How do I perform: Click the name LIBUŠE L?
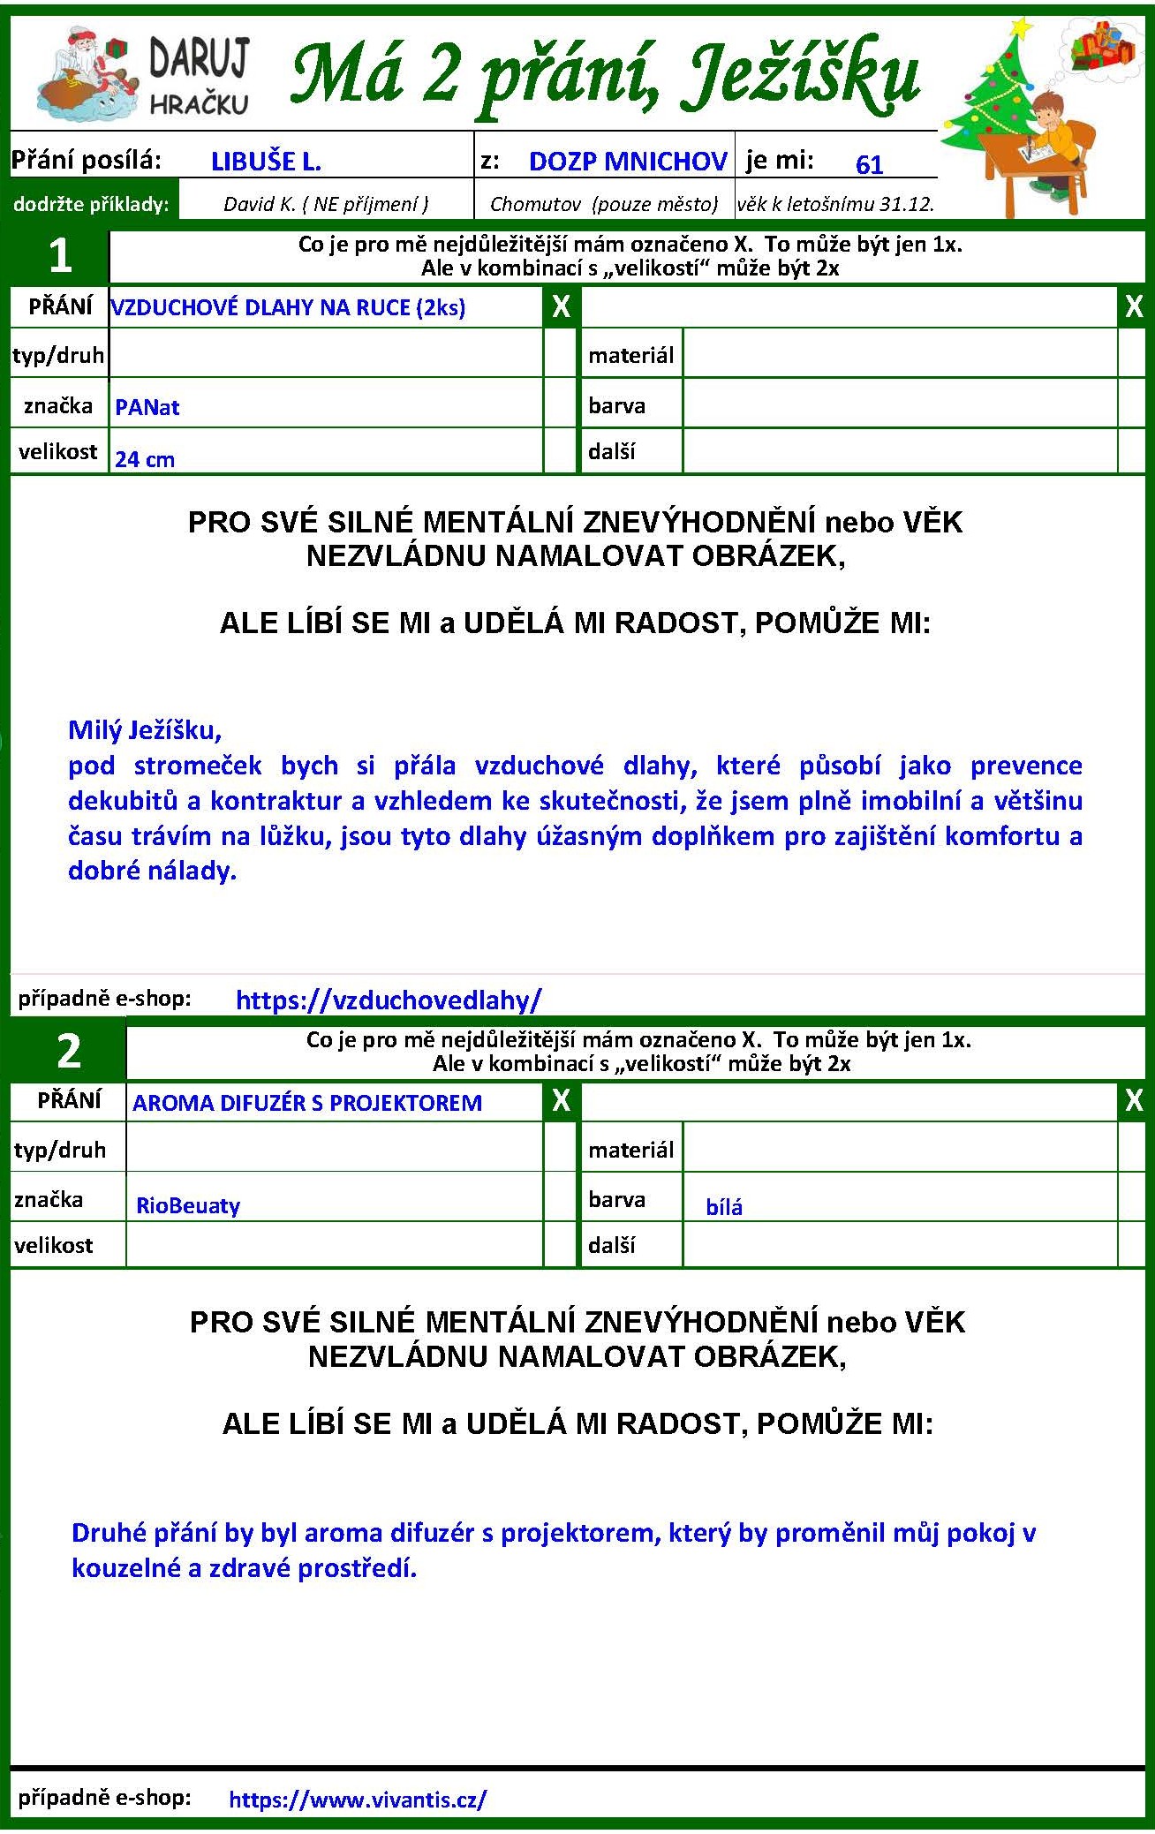pos(266,162)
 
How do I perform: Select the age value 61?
pos(869,165)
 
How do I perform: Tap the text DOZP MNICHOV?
pos(628,162)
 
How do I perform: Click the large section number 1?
pos(60,256)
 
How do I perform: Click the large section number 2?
pos(69,1051)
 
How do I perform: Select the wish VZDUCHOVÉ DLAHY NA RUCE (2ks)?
pos(288,307)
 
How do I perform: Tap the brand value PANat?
pos(147,408)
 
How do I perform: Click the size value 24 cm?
pos(145,459)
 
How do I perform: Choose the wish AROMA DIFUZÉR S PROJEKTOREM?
pos(307,1103)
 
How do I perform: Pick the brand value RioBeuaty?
pos(188,1206)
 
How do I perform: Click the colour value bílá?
pos(724,1207)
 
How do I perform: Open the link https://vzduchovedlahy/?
pos(389,1000)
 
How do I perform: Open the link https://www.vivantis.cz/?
pos(358,1799)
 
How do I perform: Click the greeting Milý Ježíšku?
pos(145,730)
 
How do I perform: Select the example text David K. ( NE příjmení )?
pos(326,204)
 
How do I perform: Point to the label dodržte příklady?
pos(91,204)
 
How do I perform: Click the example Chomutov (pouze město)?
pos(604,204)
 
